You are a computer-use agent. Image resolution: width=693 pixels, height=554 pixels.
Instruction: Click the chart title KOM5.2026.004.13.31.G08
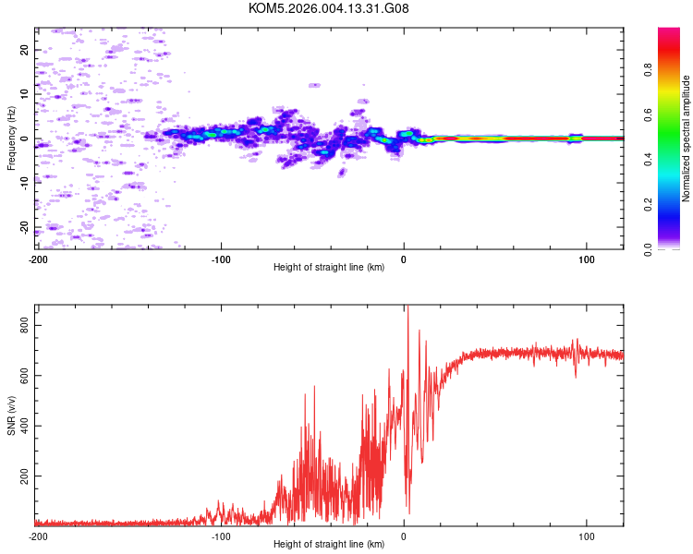[x=330, y=9]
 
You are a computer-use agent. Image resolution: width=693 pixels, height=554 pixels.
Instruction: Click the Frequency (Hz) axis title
[x=11, y=138]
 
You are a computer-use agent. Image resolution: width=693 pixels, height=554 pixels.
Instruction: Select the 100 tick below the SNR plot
[x=586, y=536]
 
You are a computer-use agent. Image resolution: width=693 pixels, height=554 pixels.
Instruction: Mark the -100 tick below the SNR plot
[x=220, y=536]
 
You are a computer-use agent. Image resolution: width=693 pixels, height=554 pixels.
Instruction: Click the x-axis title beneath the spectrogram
[x=329, y=268]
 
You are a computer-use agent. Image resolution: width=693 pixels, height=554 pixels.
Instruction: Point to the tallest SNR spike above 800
[x=407, y=309]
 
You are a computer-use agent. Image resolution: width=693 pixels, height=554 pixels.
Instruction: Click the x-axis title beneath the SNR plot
[x=329, y=545]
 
